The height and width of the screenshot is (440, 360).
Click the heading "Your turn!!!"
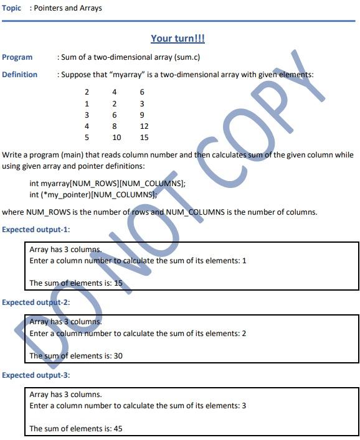(x=178, y=39)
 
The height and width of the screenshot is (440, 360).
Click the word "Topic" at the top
(x=12, y=8)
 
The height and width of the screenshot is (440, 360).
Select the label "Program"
(x=17, y=57)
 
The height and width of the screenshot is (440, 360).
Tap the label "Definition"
(x=20, y=75)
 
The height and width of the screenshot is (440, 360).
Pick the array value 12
(x=144, y=126)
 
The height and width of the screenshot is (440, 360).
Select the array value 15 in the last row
(x=144, y=138)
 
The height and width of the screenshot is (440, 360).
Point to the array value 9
(x=143, y=115)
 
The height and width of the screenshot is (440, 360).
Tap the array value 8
(x=115, y=126)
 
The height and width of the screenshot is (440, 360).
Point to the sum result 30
(x=118, y=356)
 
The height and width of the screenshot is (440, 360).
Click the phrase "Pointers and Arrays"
(x=69, y=8)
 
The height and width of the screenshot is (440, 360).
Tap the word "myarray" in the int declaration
(x=54, y=184)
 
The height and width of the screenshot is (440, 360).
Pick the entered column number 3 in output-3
(x=244, y=406)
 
